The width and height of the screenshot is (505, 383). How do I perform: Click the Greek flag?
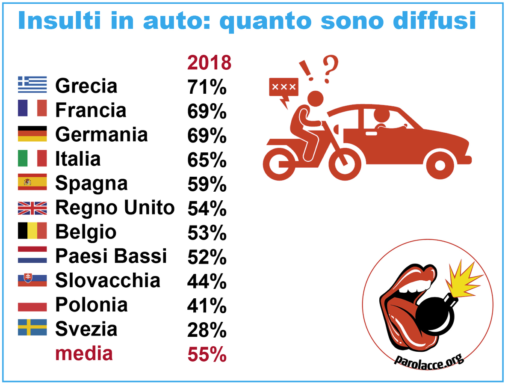(32, 85)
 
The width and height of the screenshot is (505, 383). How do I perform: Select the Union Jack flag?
(32, 208)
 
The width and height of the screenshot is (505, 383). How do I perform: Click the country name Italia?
(78, 159)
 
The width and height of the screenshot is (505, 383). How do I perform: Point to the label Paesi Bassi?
(111, 256)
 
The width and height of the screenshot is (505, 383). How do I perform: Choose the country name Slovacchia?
(108, 280)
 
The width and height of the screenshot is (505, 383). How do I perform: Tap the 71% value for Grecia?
(207, 87)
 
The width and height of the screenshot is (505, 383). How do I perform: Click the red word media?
(84, 353)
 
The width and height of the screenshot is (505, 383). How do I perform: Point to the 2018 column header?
(209, 63)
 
